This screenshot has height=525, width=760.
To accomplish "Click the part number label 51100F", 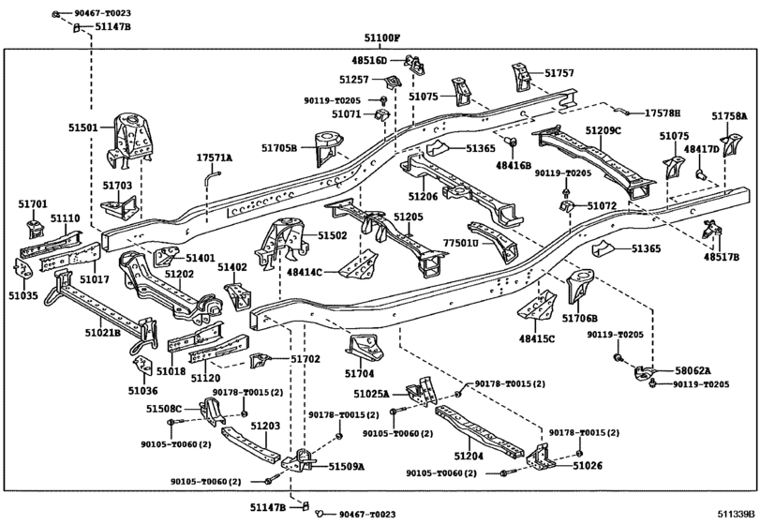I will (x=382, y=37).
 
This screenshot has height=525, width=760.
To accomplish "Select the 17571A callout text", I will (x=214, y=157).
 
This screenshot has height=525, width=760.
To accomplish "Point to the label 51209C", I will (x=604, y=130).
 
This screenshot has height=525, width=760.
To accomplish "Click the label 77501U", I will (x=460, y=243).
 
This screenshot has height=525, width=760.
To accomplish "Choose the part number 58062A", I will (x=693, y=370).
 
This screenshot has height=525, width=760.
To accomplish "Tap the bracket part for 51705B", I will (x=326, y=149).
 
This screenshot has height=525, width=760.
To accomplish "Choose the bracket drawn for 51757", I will (x=520, y=76).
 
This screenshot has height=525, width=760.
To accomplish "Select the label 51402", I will (x=232, y=267).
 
